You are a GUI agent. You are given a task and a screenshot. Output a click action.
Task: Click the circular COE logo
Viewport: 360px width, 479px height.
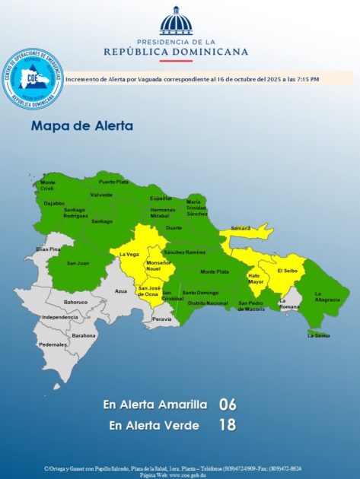click(x=32, y=78)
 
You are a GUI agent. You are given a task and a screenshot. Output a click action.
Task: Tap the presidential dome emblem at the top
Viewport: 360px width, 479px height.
click(x=176, y=22)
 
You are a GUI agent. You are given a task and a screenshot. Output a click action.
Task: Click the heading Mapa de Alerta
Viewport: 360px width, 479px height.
click(x=81, y=125)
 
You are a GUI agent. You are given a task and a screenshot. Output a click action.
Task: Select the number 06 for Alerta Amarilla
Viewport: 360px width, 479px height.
click(x=228, y=404)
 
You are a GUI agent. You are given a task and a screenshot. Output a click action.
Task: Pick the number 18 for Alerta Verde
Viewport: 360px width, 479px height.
click(x=228, y=426)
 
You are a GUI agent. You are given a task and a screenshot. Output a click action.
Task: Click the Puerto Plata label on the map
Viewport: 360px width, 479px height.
click(x=113, y=182)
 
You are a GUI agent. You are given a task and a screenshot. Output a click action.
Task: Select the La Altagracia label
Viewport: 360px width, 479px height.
click(x=327, y=297)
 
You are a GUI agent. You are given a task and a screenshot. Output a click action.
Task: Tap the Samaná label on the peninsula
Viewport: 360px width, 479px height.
click(x=241, y=228)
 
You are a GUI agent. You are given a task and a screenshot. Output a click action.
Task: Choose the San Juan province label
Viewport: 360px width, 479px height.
click(x=77, y=263)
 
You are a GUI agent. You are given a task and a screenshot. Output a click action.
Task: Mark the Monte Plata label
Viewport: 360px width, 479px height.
click(x=215, y=271)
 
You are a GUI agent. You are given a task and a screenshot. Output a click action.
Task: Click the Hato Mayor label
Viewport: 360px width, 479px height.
click(x=255, y=279)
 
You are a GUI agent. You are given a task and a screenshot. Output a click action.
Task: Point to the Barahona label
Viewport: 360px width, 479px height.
click(x=84, y=335)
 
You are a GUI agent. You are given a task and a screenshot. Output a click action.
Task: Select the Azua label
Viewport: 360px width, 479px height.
click(x=120, y=291)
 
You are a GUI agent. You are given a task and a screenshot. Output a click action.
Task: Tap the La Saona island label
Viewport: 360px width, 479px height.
click(x=319, y=335)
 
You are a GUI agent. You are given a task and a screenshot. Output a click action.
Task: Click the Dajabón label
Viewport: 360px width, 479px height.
click(x=54, y=203)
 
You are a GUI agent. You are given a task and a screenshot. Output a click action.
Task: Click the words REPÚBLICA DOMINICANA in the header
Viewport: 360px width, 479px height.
click(x=176, y=52)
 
